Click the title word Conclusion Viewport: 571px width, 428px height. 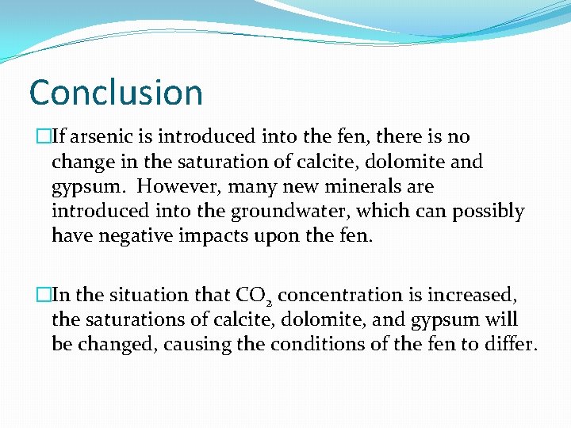(116, 92)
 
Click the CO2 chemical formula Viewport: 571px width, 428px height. (254, 296)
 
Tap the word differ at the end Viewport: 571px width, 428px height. (512, 345)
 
